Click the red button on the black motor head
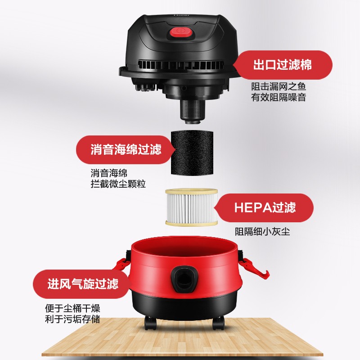pyautogui.click(x=180, y=32)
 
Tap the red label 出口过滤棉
pyautogui.click(x=283, y=65)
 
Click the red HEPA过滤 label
pyautogui.click(x=264, y=207)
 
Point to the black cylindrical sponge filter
pyautogui.click(x=192, y=152)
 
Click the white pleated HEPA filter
pyautogui.click(x=192, y=207)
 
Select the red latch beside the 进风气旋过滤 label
pyautogui.click(x=121, y=267)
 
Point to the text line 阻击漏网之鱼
pyautogui.click(x=278, y=87)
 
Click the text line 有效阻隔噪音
pyautogui.click(x=278, y=97)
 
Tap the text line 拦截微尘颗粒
pyautogui.click(x=118, y=184)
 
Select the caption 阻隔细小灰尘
pyautogui.click(x=262, y=231)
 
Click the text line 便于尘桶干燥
pyautogui.click(x=72, y=309)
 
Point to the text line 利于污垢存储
pyautogui.click(x=72, y=319)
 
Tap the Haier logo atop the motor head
pyautogui.click(x=181, y=15)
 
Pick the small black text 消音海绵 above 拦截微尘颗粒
pyautogui.click(x=109, y=173)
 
